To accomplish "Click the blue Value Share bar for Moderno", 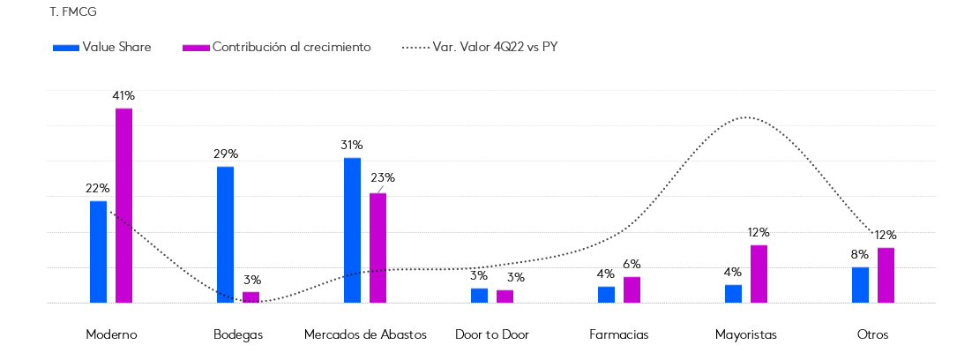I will coord(98,251).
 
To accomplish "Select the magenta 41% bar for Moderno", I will coord(123,205).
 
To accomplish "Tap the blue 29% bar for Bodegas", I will coord(225,234).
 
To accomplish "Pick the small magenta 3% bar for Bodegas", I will coord(251,297).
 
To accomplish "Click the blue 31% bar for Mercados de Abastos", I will coord(352,229).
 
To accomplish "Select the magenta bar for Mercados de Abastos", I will coord(378,247).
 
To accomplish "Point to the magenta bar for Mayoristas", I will coord(759,274).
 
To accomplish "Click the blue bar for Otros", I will coord(860,284).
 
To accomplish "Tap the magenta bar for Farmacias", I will coord(632,289).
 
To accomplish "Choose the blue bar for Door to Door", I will coord(479,295).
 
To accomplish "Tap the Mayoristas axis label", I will coord(745,335).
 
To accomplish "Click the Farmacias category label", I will coord(618,335).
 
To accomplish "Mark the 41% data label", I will coord(123,95).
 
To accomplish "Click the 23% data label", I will coord(383,177).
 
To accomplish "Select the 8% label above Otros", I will coord(860,254).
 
